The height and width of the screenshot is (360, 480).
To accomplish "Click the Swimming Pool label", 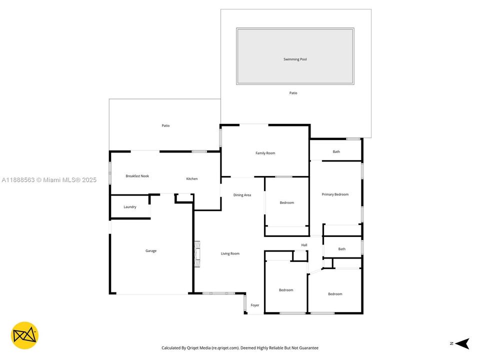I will point(295,59).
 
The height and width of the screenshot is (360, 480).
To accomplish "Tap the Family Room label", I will point(265,153).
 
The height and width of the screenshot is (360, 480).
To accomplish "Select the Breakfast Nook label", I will point(137,176).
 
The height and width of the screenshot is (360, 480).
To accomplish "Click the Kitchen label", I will point(192,178).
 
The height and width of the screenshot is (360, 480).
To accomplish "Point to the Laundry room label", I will point(130,207).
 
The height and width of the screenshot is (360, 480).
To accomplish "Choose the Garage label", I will point(151,251).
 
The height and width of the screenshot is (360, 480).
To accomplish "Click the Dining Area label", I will point(242,195).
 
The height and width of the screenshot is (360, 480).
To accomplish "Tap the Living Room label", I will point(230,253).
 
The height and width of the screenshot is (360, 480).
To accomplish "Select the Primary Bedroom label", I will point(335,194).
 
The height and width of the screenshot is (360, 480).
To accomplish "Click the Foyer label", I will point(255,305).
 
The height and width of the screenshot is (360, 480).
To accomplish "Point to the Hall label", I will point(304,245).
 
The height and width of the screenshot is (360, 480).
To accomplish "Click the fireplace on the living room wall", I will point(197,254).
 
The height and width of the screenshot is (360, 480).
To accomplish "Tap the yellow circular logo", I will point(24,335).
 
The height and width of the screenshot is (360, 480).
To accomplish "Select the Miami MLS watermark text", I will point(48,180).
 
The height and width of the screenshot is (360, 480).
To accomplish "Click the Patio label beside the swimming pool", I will point(293,93).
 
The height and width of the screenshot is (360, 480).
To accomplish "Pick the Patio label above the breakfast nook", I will point(165,125).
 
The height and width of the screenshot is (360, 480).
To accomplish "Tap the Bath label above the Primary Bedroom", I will point(336,151).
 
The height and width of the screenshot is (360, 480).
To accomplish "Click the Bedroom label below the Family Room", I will point(286,202).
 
